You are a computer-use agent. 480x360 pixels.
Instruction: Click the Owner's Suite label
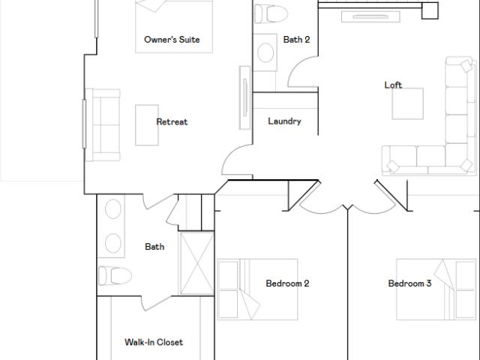172,40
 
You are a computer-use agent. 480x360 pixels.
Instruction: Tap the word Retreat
172,121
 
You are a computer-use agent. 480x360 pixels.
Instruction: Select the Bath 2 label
296,40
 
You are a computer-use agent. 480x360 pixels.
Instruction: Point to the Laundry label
284,121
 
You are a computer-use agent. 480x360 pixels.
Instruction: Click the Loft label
393,85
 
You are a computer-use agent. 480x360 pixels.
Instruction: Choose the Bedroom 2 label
287,283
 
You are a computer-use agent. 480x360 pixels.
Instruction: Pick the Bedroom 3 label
409,283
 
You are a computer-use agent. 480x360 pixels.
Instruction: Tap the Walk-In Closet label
154,342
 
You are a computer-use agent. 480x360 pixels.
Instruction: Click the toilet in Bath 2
271,13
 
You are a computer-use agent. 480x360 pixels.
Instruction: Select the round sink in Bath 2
265,52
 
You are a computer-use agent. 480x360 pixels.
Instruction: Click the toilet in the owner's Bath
115,275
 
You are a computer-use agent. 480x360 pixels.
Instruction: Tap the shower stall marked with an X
196,263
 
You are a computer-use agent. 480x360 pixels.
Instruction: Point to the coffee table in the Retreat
147,125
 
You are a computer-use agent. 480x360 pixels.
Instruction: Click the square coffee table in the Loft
408,103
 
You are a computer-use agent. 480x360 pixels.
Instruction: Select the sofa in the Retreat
103,125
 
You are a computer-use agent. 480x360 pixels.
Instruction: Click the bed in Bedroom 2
257,289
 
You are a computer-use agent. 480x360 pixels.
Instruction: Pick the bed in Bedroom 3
436,289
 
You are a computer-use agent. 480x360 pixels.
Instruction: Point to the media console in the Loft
370,16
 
